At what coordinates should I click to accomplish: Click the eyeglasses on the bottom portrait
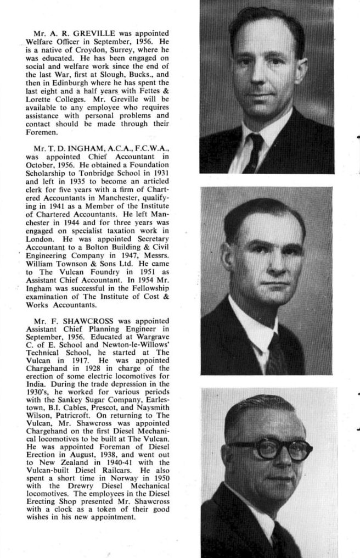click(269, 449)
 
